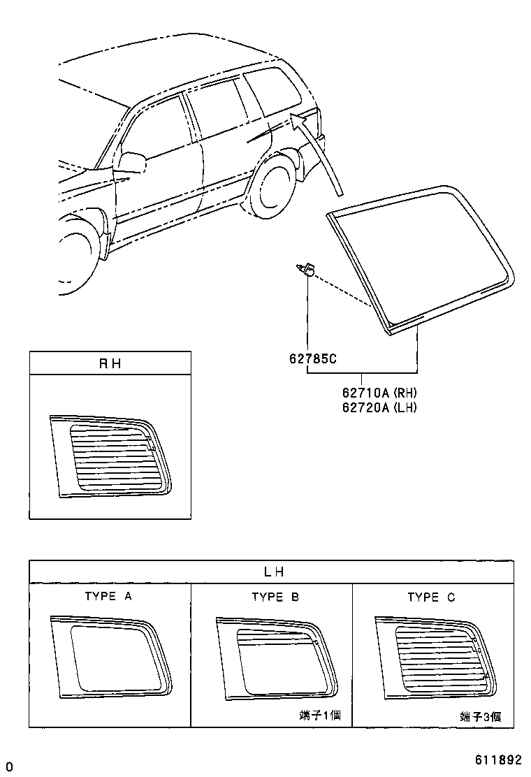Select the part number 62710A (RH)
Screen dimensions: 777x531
(379, 393)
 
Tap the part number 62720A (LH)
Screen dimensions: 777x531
(379, 407)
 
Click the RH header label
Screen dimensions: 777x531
(110, 363)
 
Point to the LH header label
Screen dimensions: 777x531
(273, 572)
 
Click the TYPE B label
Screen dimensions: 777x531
(275, 597)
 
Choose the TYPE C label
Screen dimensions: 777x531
(431, 597)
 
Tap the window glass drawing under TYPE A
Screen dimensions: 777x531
(110, 656)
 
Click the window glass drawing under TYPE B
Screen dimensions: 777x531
(276, 658)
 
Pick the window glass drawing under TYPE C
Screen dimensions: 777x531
(435, 658)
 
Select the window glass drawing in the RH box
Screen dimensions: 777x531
(110, 457)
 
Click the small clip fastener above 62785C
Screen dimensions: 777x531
(306, 269)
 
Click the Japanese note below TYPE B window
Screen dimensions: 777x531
(320, 716)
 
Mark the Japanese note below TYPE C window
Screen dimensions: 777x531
(480, 716)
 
